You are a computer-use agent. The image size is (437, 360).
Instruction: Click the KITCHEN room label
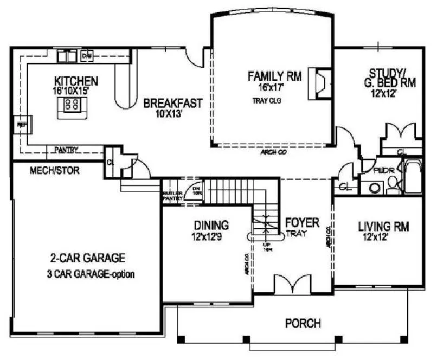tap(80, 81)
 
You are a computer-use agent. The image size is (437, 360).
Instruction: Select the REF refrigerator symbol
tap(22, 124)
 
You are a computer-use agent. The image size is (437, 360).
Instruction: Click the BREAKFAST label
tap(173, 103)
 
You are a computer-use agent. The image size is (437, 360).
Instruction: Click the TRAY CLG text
tap(266, 100)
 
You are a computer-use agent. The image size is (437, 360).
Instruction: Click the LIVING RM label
tap(383, 225)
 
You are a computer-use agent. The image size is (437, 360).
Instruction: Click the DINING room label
tap(211, 225)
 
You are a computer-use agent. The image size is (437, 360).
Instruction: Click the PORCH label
tap(303, 324)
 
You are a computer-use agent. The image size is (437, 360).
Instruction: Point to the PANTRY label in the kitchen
tap(66, 150)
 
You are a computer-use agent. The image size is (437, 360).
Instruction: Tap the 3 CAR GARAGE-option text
tap(91, 274)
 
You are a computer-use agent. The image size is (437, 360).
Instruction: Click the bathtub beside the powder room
tap(414, 176)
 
